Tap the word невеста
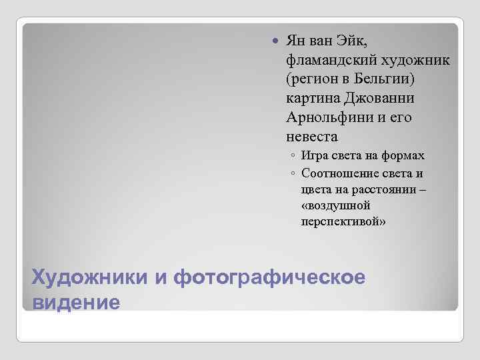(x=311, y=137)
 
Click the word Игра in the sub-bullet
(x=314, y=157)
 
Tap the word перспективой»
(x=343, y=222)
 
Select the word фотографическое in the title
(x=269, y=277)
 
